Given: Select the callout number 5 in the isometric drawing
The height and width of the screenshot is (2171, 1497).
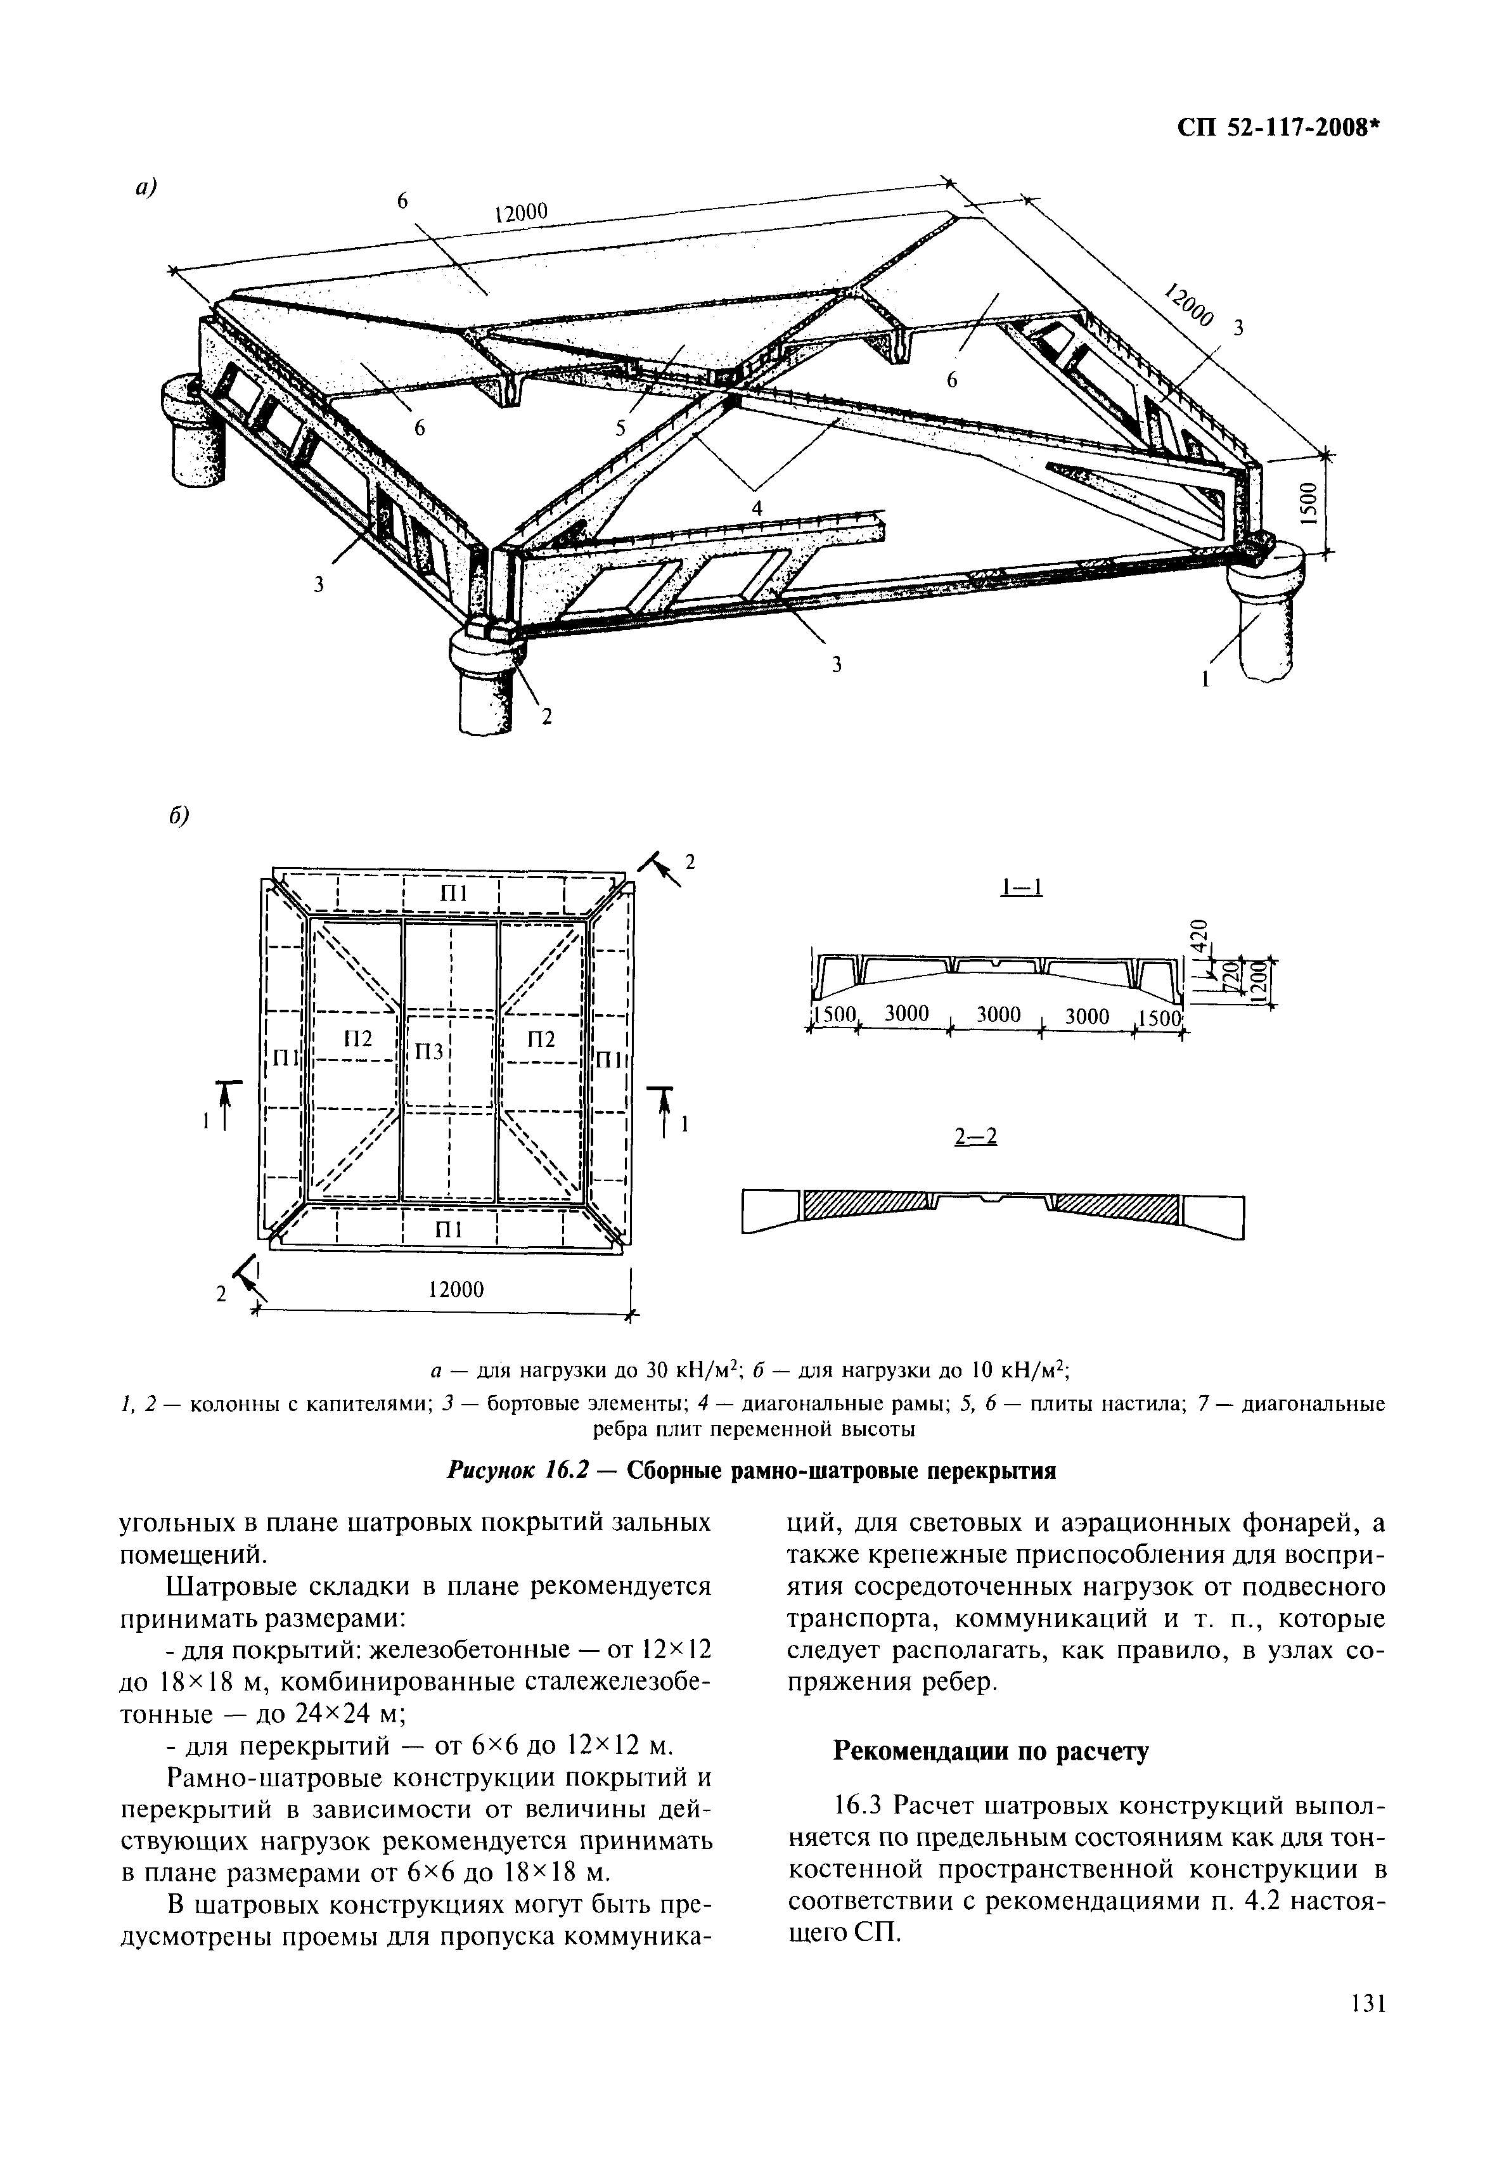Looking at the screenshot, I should (x=620, y=428).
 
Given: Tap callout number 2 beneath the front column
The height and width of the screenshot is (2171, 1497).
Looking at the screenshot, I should (x=546, y=717).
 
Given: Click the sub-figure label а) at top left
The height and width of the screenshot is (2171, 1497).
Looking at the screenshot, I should (x=145, y=188).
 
